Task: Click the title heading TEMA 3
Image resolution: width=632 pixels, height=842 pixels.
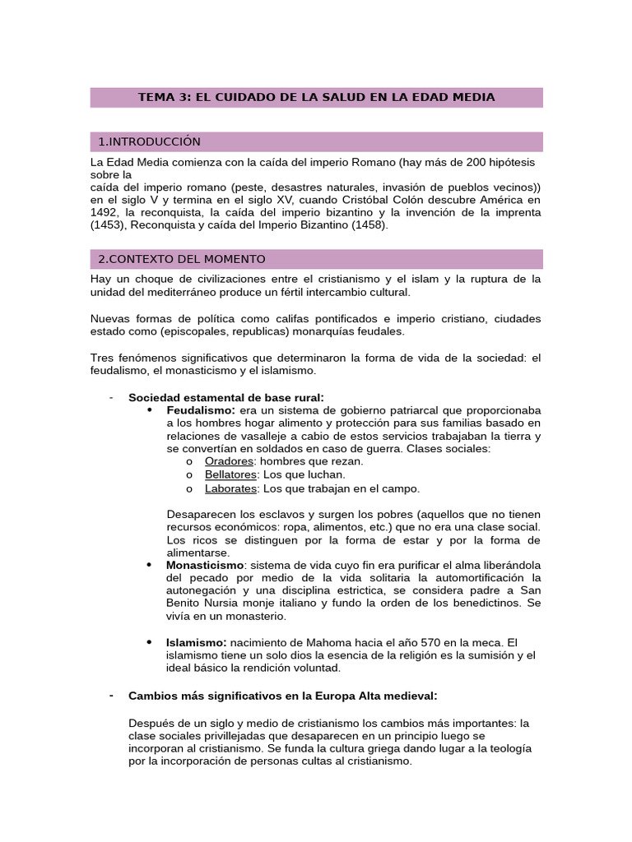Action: pos(316,97)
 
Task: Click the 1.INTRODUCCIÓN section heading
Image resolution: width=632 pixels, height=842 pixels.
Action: pos(149,141)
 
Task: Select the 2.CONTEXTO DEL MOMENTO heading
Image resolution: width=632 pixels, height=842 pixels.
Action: pos(181,259)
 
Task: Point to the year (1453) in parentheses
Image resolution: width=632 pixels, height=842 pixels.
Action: pos(108,224)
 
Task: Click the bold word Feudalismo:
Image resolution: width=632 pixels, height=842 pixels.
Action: pos(201,409)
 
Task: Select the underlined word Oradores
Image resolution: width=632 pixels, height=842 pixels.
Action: pos(229,461)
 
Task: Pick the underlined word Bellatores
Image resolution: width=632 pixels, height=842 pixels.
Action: pos(231,474)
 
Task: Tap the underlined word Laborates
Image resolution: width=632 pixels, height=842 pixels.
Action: pos(231,488)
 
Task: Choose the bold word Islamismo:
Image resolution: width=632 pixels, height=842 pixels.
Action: pos(197,641)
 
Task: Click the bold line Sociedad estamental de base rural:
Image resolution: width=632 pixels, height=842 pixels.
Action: pos(226,397)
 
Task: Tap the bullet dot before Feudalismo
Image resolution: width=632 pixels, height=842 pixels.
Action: pos(149,409)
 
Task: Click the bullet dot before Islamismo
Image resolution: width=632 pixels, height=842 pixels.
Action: pos(149,641)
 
